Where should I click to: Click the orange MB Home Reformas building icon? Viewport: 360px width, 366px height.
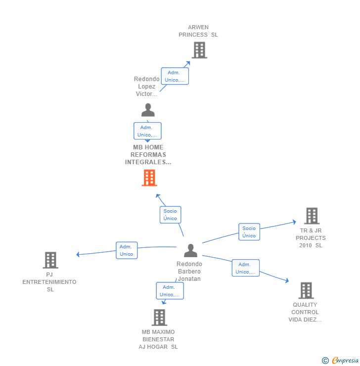(149, 178)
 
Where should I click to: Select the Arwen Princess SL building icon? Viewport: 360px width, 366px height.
(199, 50)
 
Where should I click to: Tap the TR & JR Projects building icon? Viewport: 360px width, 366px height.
(312, 216)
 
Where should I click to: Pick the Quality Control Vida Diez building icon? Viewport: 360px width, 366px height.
(306, 291)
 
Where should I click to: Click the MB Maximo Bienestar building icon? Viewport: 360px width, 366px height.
(159, 318)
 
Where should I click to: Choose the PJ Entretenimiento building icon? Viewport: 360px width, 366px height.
(50, 260)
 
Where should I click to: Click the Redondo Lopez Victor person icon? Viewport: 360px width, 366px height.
(148, 110)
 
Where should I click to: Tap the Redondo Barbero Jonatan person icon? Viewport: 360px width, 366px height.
(190, 250)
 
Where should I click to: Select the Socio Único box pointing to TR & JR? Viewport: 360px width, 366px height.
(249, 232)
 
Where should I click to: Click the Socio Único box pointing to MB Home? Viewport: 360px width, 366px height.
(170, 215)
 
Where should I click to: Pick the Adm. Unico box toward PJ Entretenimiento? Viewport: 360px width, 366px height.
(127, 250)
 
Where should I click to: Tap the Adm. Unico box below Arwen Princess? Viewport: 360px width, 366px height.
(175, 76)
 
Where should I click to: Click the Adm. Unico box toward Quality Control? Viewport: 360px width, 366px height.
(246, 268)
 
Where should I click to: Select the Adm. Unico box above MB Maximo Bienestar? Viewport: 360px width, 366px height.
(170, 291)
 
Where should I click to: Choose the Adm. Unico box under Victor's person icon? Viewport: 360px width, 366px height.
(147, 131)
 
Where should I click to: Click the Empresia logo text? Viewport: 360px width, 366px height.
(345, 360)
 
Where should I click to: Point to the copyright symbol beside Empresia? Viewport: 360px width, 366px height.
(325, 361)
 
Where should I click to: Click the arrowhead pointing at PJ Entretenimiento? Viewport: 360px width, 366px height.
(78, 254)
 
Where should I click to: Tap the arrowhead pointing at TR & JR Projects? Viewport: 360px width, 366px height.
(294, 222)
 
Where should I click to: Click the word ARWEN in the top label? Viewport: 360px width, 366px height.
(198, 27)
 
